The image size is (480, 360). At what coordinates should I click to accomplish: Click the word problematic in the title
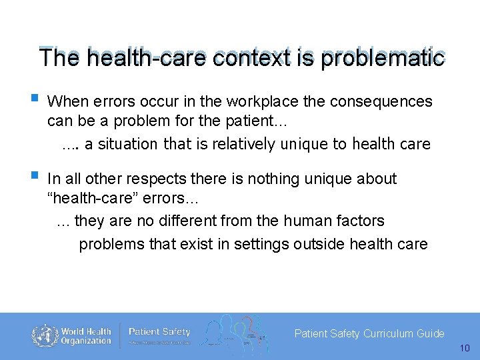tap(382, 58)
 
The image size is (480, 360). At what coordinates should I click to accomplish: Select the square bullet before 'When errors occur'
tap(34, 101)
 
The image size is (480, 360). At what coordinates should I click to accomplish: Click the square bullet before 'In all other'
tap(34, 177)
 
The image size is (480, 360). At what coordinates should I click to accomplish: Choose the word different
tap(185, 221)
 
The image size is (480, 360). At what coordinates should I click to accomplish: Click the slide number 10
tap(465, 348)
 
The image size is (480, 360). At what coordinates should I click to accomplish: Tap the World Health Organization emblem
tap(45, 335)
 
